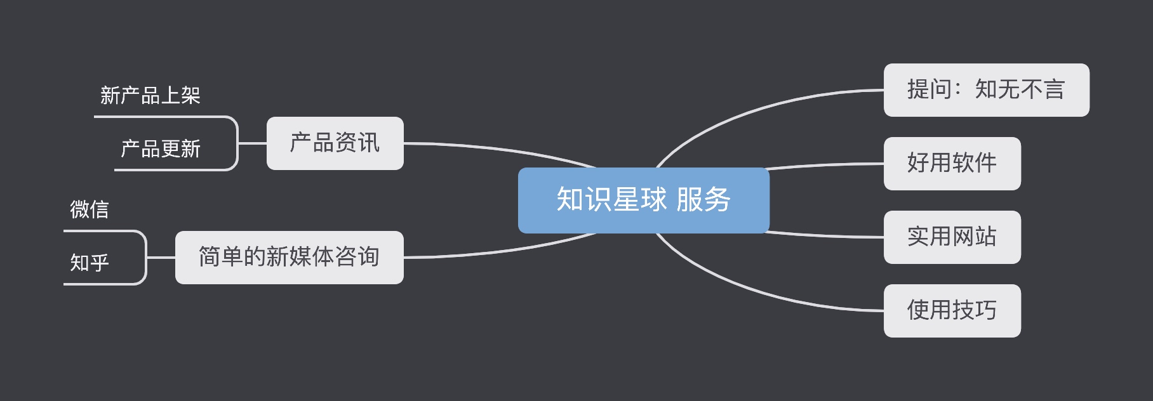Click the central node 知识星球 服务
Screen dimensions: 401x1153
point(643,200)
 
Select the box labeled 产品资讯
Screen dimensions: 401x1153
point(335,143)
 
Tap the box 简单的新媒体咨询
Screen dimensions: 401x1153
point(289,258)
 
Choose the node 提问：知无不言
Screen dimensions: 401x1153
point(986,90)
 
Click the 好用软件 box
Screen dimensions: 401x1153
point(952,164)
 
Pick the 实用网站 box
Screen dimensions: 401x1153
point(952,237)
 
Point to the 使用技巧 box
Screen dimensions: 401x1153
point(952,311)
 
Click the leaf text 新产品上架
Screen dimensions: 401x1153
point(150,96)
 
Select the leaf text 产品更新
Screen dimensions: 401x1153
point(161,149)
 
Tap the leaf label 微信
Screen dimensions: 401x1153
point(90,209)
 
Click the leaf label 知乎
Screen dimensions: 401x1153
point(90,263)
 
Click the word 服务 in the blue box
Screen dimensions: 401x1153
point(703,200)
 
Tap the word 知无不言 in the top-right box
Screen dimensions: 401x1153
point(1020,90)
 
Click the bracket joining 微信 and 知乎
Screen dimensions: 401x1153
point(146,257)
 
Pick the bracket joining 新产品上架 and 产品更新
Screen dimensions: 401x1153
point(237,143)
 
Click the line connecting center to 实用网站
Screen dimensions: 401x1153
point(825,236)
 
